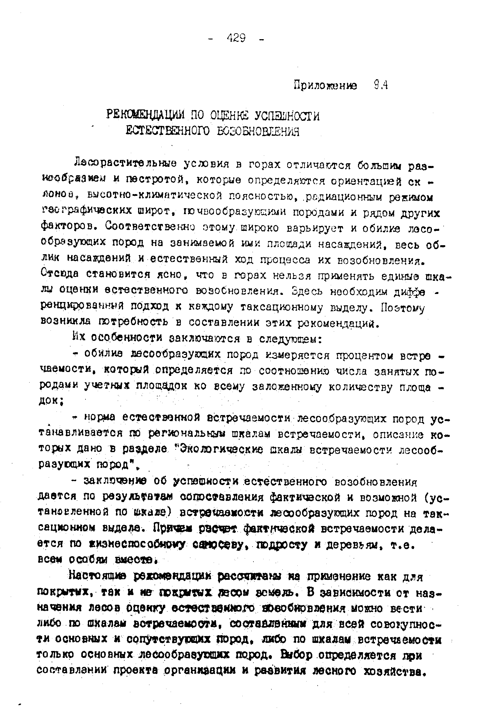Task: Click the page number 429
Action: tap(236, 39)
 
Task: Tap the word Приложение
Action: tap(325, 86)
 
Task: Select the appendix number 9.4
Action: tap(381, 86)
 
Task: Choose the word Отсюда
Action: tap(59, 273)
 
